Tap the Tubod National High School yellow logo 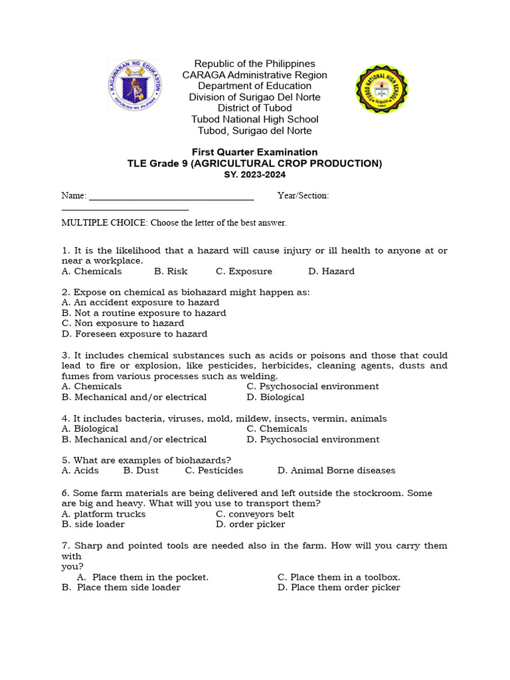pyautogui.click(x=382, y=89)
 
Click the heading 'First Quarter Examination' pyautogui.click(x=254, y=152)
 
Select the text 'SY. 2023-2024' pyautogui.click(x=254, y=174)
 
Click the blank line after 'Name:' pyautogui.click(x=171, y=196)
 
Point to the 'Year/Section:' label pyautogui.click(x=303, y=196)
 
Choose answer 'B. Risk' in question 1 pyautogui.click(x=171, y=272)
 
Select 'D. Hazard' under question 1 pyautogui.click(x=331, y=272)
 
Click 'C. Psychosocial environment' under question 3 pyautogui.click(x=312, y=386)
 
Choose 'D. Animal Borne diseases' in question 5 pyautogui.click(x=336, y=471)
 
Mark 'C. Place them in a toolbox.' pyautogui.click(x=339, y=577)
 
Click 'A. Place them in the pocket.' pyautogui.click(x=143, y=577)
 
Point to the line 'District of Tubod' pyautogui.click(x=254, y=108)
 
